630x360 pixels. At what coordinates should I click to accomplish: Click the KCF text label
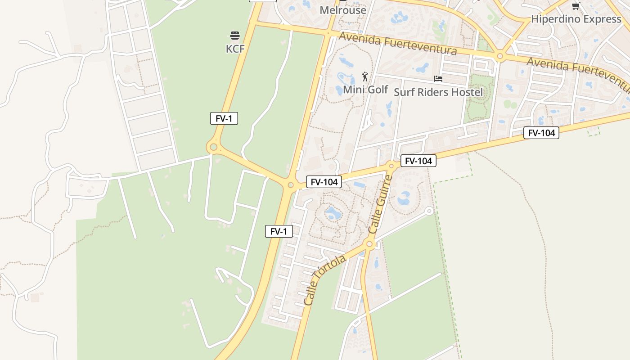(x=235, y=49)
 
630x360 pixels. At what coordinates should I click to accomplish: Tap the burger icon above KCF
(x=235, y=36)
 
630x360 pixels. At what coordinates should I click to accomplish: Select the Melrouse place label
(x=343, y=10)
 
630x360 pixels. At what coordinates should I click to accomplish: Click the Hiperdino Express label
(x=576, y=19)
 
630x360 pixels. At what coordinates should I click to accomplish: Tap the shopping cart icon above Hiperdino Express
(x=576, y=6)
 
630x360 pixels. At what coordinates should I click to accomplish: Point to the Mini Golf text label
(x=365, y=90)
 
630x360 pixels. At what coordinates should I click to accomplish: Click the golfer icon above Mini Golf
(x=365, y=76)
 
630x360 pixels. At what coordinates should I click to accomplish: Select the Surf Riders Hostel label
(x=438, y=92)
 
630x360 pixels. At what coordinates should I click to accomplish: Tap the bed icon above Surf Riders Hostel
(x=438, y=79)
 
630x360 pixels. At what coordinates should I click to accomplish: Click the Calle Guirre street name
(x=380, y=205)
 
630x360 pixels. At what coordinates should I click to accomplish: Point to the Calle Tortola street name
(x=324, y=280)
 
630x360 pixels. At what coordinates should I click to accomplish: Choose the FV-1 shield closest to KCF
(x=224, y=119)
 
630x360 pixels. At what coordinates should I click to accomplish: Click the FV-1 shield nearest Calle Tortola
(x=279, y=232)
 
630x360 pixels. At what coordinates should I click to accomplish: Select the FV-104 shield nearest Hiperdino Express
(x=541, y=133)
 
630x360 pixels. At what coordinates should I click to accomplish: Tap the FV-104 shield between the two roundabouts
(x=324, y=182)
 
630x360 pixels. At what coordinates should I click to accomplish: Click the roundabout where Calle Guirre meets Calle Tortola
(x=369, y=244)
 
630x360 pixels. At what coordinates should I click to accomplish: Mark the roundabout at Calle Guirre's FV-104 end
(x=391, y=166)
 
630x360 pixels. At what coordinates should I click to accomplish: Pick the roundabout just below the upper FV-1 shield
(x=213, y=147)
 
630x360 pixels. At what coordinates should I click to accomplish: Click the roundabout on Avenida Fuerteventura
(x=499, y=57)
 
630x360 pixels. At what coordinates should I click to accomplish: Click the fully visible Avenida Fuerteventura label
(x=398, y=44)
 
